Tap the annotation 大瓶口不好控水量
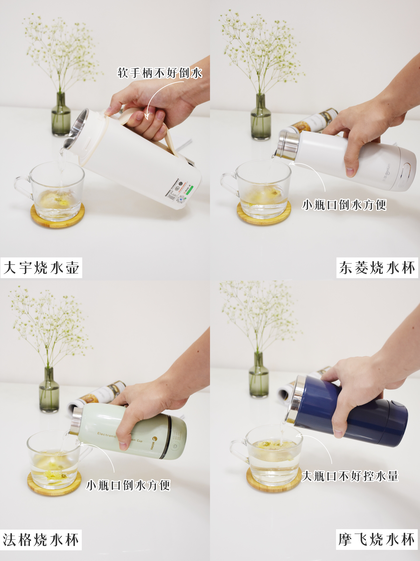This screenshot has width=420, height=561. (350, 476)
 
